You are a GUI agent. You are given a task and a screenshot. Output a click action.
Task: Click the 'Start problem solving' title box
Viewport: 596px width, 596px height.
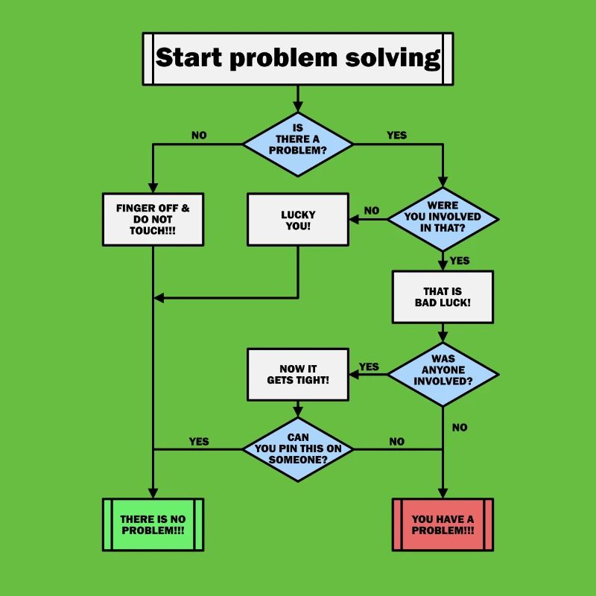coord(297,58)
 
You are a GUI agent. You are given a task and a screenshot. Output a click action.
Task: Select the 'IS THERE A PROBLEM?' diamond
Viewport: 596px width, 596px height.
coord(298,145)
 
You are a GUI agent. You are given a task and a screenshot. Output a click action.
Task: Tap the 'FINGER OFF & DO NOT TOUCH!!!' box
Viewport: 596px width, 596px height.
coord(153,219)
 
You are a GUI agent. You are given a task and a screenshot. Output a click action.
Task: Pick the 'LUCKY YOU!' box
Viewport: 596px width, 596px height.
coord(298,219)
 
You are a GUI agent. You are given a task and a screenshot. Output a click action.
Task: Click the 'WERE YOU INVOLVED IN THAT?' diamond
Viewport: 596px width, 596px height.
coord(443,219)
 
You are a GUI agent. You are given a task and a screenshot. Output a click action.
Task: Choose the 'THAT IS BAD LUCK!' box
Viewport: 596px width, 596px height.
coord(443,297)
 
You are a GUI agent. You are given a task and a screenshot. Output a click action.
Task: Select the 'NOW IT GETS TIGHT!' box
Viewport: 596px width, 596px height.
coord(298,374)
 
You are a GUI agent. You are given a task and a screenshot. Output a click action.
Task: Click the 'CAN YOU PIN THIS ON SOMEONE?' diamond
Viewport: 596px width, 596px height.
coord(298,449)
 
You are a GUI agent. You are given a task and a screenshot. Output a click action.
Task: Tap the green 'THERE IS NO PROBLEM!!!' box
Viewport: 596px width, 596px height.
coord(153,524)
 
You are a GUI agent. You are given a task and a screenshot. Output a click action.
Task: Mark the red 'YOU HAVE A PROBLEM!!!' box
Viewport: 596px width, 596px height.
coord(443,524)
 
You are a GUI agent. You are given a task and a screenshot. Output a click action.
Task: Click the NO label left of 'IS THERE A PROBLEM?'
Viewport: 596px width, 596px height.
coord(199,136)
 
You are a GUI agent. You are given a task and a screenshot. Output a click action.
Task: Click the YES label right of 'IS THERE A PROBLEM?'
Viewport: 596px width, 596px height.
coord(396,136)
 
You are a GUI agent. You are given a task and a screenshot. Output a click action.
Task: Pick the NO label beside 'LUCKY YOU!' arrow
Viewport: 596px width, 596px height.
coord(372,211)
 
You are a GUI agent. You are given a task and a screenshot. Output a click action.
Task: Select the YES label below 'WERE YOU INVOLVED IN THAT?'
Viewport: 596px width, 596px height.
coord(460,261)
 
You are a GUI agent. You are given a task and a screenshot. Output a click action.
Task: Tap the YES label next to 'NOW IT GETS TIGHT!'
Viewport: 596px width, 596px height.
coord(369,367)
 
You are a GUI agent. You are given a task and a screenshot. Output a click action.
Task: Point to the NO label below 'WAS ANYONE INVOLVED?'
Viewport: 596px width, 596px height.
coord(460,428)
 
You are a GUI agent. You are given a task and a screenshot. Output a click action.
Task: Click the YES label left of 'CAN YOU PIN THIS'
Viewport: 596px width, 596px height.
coord(199,441)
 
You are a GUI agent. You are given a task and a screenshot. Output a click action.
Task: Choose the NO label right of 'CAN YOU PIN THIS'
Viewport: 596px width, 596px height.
coord(397,441)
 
